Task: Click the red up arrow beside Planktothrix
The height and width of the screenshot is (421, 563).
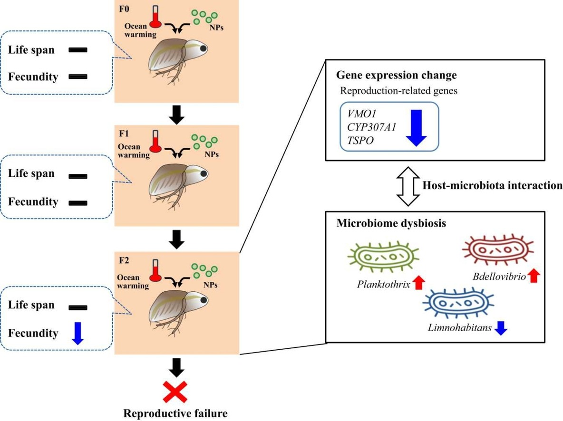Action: [x=418, y=283]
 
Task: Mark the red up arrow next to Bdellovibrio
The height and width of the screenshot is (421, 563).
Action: [x=534, y=274]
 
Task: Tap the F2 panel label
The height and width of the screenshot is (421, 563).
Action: [x=125, y=260]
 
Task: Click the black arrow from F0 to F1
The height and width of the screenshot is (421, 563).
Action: [x=176, y=114]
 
